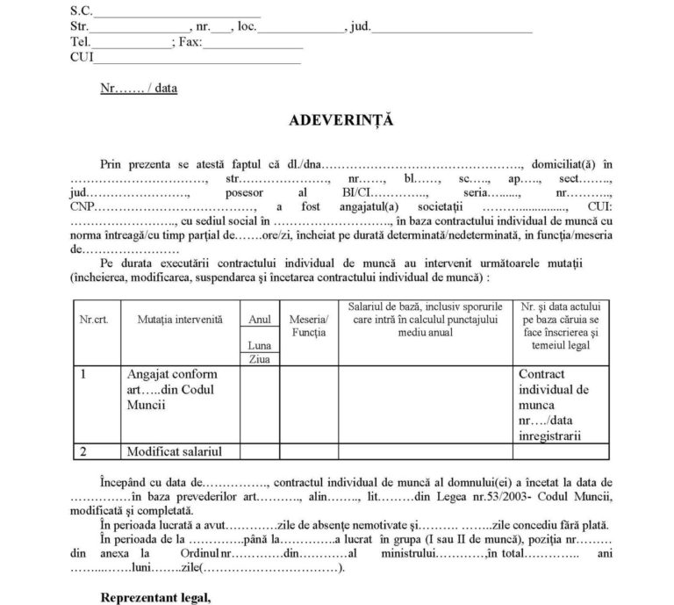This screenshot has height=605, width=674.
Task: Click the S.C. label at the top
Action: [81, 11]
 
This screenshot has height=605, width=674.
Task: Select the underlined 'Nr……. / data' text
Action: [139, 89]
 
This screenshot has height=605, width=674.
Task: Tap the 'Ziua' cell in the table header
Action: [259, 359]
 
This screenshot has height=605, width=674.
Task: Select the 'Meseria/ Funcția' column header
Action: [307, 327]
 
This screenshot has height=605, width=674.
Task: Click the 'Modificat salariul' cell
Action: [171, 451]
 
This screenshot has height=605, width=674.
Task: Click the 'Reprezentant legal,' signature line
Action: [155, 598]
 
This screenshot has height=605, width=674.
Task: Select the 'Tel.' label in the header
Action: [80, 42]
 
